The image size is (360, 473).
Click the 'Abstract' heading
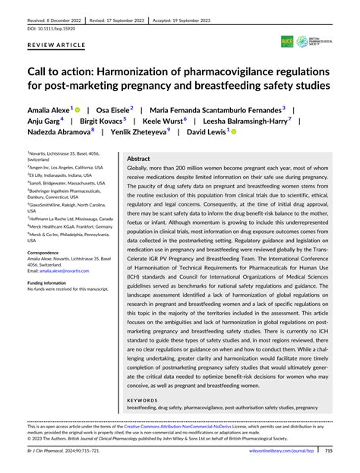140,160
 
